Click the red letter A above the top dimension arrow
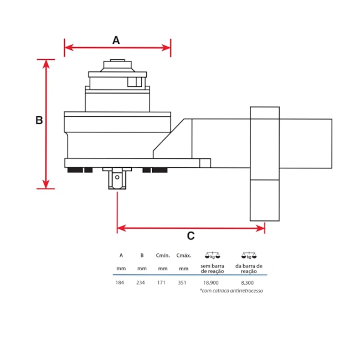pos(116,40)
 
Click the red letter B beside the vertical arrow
pos(39,120)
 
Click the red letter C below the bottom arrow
pos(191,236)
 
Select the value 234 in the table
pos(142,282)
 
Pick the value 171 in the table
pos(162,282)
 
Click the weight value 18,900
pos(211,282)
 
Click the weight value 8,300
pos(249,282)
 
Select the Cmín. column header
pos(162,256)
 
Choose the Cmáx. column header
pos(183,256)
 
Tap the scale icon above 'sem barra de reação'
pos(212,256)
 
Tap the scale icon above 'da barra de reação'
pos(249,256)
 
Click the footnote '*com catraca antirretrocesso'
pos(232,291)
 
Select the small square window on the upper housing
pos(134,82)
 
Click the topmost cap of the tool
pos(117,60)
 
